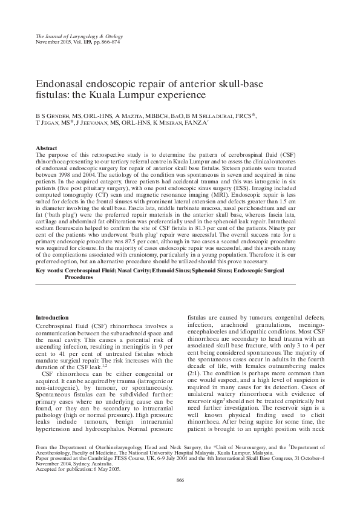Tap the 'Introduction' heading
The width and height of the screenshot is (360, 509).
coord(52,318)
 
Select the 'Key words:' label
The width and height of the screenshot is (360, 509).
coord(49,271)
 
